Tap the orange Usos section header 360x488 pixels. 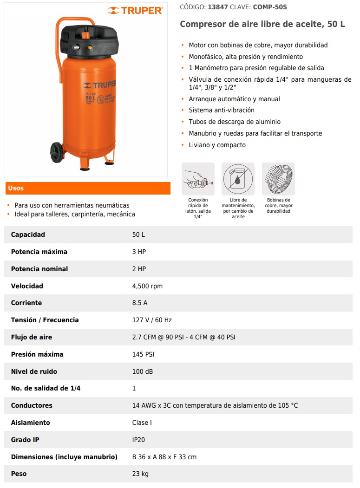pos(88,188)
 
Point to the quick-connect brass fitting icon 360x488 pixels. pos(198,179)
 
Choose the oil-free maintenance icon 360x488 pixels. pos(238,179)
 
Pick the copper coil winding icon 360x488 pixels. pos(278,179)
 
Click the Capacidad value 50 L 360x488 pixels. pos(138,234)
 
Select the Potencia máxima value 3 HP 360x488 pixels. pos(139,252)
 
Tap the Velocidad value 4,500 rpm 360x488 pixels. pos(147,286)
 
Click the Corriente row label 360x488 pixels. pos(26,303)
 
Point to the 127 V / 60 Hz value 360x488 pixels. pos(152,320)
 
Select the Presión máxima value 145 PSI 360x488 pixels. pos(143,354)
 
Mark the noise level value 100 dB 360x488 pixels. pos(143,371)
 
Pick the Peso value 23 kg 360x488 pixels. pos(140,474)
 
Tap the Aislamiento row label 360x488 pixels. pos(30,423)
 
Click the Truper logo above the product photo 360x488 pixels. pos(135,10)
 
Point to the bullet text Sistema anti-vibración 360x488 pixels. pos(222,110)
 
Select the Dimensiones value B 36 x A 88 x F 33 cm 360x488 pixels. pos(164,457)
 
